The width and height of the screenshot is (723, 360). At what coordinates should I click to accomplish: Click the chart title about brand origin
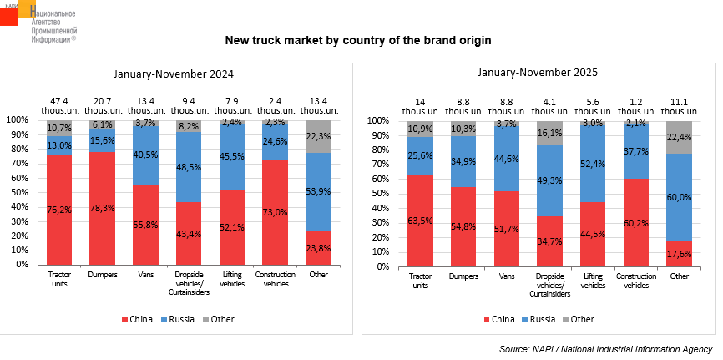[358, 40]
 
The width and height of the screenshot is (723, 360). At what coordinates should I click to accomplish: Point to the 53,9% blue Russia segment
[318, 191]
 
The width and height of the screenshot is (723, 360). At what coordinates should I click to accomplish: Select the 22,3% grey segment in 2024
[318, 136]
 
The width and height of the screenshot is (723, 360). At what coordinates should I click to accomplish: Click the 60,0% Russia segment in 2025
[680, 197]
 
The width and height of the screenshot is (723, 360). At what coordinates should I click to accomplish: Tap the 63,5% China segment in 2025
[420, 221]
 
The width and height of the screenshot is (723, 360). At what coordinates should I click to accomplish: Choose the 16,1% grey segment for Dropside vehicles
[550, 133]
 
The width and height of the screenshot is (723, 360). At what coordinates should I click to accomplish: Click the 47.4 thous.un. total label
[58, 104]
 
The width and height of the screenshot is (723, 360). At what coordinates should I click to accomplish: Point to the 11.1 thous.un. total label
[680, 104]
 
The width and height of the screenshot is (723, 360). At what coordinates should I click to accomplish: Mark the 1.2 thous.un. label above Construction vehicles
[636, 104]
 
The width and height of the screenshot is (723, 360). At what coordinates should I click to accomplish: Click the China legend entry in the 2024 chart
[139, 319]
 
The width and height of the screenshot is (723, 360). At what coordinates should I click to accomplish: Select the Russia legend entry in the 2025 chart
[540, 319]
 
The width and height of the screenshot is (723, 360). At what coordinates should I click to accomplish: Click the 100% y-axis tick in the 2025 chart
[378, 120]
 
